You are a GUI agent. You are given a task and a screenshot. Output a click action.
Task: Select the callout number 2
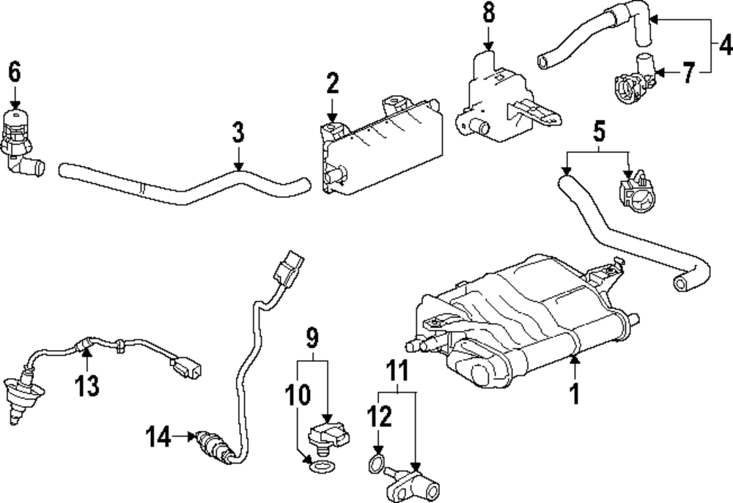click(332, 84)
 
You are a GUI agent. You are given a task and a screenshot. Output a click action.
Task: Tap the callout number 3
click(237, 134)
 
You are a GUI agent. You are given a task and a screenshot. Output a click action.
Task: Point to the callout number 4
click(723, 45)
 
